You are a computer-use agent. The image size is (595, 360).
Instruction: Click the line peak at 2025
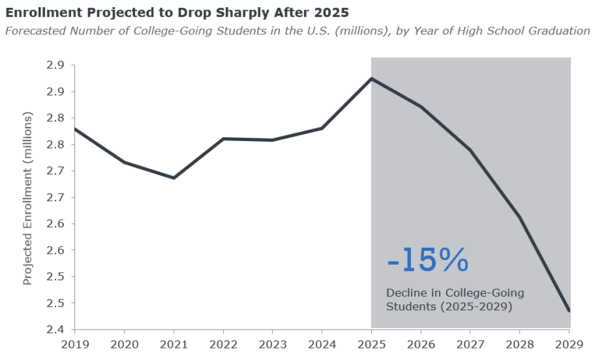(x=371, y=79)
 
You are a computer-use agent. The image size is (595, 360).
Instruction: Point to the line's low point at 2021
(x=174, y=178)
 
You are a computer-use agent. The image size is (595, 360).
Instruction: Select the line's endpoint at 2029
(x=569, y=311)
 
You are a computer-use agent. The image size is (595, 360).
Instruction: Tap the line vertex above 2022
(x=223, y=139)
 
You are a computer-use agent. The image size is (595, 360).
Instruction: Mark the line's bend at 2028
(x=520, y=217)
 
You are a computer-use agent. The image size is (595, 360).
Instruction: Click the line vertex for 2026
(x=421, y=107)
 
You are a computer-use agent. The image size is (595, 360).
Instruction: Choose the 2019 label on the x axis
(x=75, y=345)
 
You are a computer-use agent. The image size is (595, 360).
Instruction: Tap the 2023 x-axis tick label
(x=273, y=345)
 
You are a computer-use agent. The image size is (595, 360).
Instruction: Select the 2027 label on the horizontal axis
(x=470, y=345)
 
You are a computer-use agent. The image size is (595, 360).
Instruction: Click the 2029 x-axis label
(x=569, y=345)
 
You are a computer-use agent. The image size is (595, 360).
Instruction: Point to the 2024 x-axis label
(x=322, y=345)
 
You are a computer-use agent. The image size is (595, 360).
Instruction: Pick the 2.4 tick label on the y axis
(x=55, y=329)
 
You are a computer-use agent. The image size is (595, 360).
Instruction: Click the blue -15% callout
(x=428, y=260)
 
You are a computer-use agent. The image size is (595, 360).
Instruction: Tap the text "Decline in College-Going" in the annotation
(x=455, y=293)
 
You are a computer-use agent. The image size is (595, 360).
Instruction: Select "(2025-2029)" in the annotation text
(x=476, y=307)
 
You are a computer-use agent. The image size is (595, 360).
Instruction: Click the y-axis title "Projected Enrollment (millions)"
(x=28, y=198)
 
